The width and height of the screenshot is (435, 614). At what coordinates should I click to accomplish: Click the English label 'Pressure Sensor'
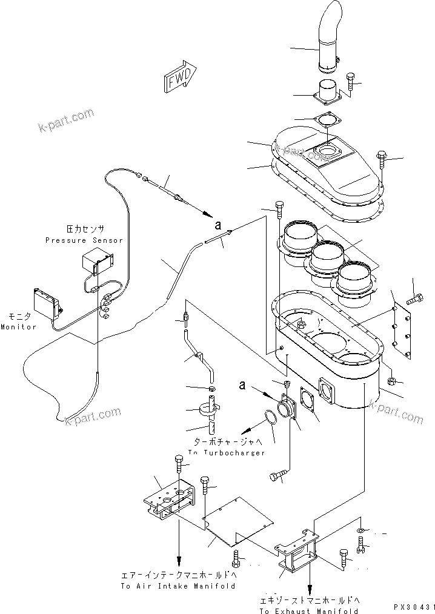(x=84, y=240)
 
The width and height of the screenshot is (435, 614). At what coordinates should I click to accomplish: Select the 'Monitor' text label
(x=18, y=327)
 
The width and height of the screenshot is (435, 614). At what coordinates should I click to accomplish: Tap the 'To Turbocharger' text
(x=226, y=453)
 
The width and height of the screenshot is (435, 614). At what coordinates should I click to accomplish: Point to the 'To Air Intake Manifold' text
(x=177, y=586)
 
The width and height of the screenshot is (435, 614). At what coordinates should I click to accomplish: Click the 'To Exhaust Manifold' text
(x=309, y=611)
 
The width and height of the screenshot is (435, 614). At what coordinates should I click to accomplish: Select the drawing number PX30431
(x=414, y=606)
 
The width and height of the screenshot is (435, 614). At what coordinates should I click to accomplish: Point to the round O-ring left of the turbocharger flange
(x=271, y=418)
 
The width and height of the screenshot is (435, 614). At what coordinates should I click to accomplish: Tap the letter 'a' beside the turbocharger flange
(x=242, y=385)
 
